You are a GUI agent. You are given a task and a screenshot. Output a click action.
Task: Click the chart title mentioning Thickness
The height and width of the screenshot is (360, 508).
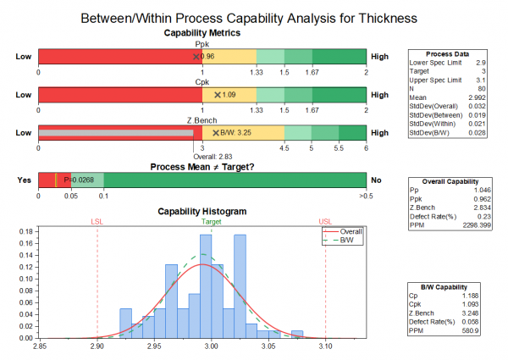(254, 17)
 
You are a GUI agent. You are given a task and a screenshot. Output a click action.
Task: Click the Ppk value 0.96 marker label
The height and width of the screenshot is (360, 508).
(208, 56)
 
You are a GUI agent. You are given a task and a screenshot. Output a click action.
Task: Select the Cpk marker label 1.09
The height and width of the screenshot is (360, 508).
(229, 95)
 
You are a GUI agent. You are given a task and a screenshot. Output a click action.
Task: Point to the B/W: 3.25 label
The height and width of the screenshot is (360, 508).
(236, 133)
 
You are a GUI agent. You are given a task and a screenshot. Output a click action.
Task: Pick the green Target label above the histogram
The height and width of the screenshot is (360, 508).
(212, 222)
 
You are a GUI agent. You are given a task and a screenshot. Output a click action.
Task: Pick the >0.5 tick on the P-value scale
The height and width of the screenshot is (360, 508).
(367, 196)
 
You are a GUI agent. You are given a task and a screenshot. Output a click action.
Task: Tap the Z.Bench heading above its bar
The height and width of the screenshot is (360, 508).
(202, 120)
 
